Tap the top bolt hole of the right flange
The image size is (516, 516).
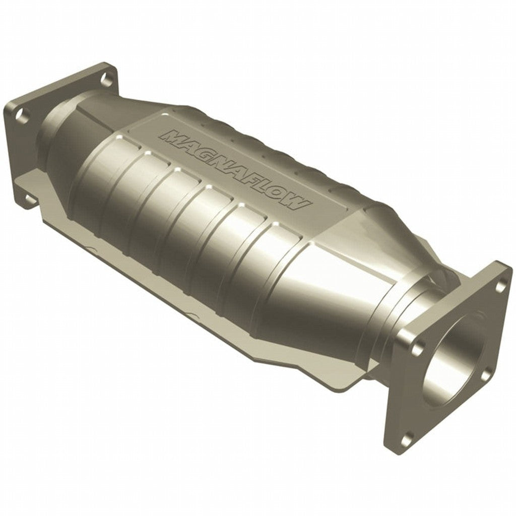click(499, 287)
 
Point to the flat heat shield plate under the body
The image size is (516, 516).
click(282, 348)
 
